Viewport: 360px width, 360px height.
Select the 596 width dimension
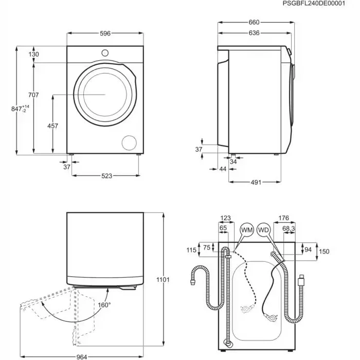[105, 33]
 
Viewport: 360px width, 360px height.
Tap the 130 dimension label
[34, 54]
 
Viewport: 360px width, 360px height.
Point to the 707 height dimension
[34, 95]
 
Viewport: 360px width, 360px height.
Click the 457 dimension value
[52, 125]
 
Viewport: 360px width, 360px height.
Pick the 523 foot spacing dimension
[106, 176]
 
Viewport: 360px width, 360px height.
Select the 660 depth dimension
[254, 23]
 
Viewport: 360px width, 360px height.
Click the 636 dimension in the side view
[254, 33]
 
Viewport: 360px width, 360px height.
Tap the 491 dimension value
[256, 182]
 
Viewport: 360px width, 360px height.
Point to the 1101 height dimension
[163, 279]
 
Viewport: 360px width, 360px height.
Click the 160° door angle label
[104, 304]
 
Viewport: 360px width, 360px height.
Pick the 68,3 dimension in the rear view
[289, 228]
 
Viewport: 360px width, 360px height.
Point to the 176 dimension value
[283, 218]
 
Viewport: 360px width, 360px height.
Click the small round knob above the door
[105, 52]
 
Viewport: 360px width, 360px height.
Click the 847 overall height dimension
[21, 109]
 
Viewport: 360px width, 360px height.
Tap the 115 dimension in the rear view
[191, 250]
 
